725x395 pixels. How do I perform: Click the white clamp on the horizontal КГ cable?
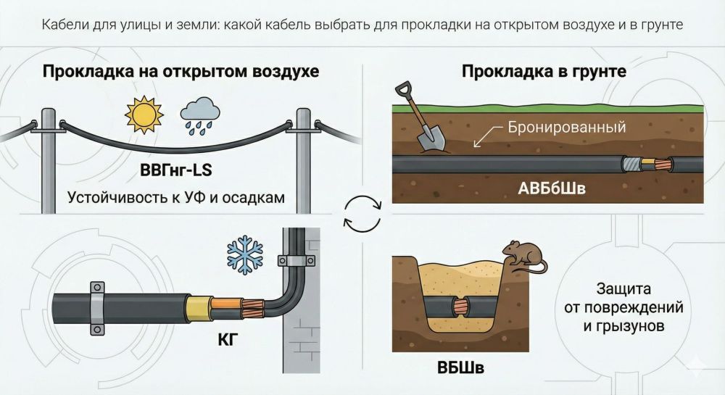click(95, 307)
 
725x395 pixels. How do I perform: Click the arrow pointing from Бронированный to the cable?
click(481, 137)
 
